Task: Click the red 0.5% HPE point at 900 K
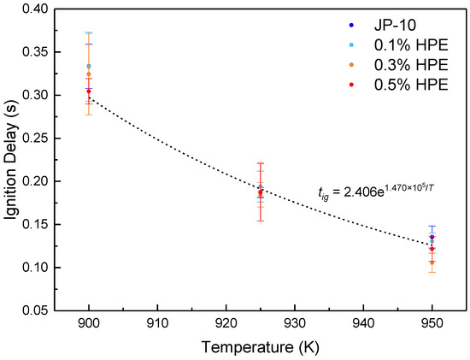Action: point(89,91)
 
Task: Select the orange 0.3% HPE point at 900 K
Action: point(89,74)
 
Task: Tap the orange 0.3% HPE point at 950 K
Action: point(432,262)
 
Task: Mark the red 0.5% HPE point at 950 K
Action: point(432,249)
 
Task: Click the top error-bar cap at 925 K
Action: point(261,163)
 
